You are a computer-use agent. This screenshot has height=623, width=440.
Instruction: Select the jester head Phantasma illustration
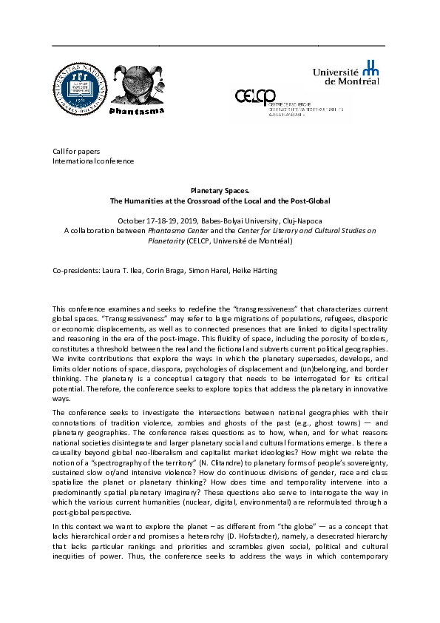138,85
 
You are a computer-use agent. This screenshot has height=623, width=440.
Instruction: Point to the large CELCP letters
256,96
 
